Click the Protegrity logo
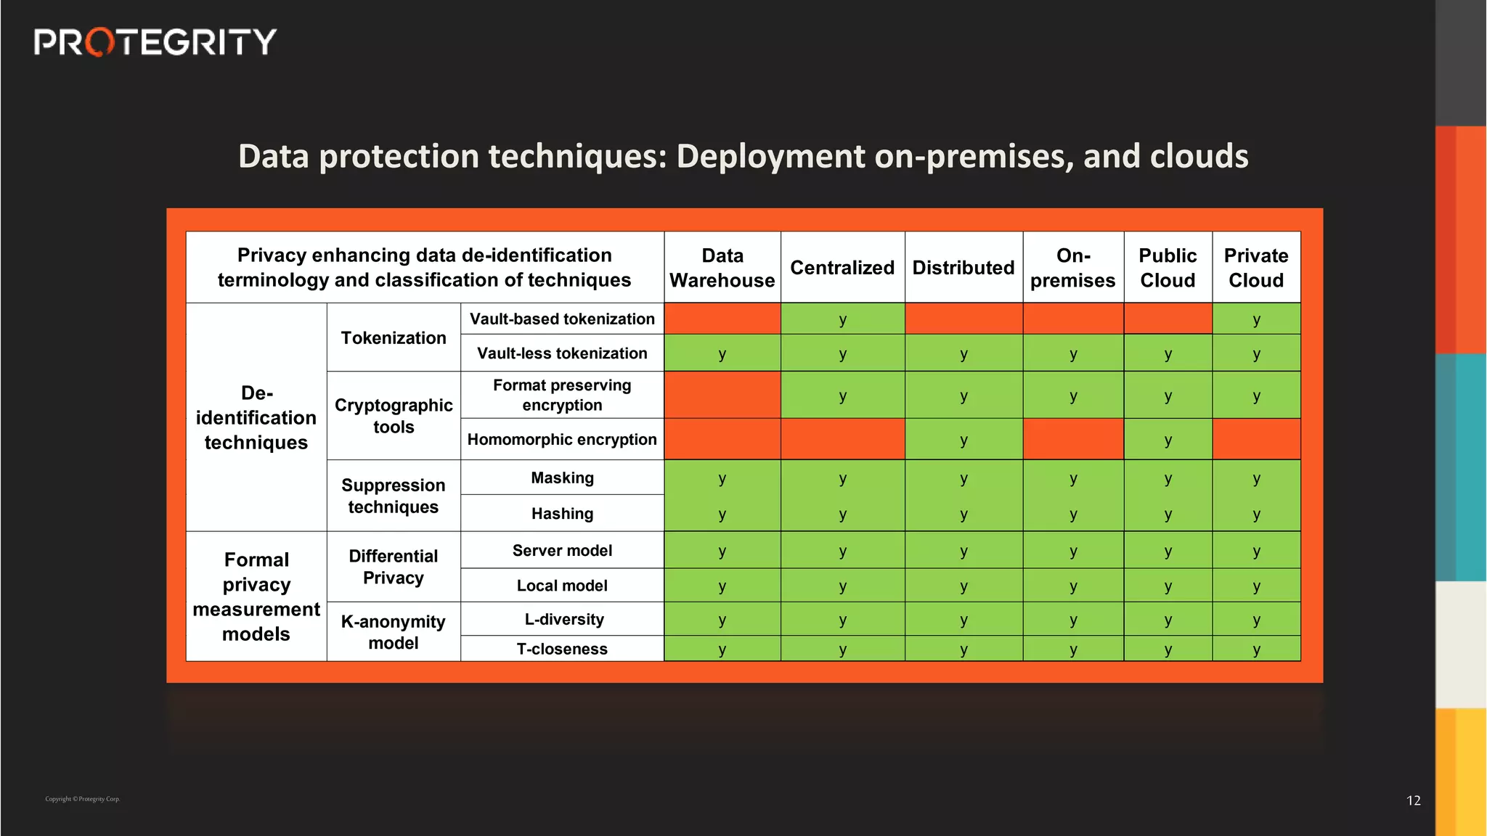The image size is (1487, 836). (x=155, y=42)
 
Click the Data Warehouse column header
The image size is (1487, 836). (x=722, y=268)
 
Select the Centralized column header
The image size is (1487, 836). (x=842, y=268)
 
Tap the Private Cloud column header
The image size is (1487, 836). (x=1255, y=268)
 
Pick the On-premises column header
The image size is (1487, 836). (x=1072, y=268)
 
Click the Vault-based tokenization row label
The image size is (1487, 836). (x=562, y=319)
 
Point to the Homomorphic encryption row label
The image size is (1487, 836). (x=562, y=440)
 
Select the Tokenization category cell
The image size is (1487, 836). (x=394, y=338)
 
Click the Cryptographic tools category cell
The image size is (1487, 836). (x=394, y=416)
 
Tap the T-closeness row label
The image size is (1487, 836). (x=562, y=649)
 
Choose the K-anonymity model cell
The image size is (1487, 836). (x=394, y=632)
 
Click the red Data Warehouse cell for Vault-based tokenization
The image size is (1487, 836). (x=722, y=319)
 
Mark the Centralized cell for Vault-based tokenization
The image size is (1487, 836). (x=842, y=319)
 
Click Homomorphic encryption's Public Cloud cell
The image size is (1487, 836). (x=1168, y=440)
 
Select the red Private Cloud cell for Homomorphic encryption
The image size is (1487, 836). (x=1255, y=440)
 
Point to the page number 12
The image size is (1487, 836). (x=1413, y=800)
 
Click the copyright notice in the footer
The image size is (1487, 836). (x=83, y=799)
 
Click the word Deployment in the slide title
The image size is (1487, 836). (x=770, y=157)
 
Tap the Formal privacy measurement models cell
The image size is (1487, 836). (x=256, y=597)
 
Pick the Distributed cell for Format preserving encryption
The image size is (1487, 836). (x=964, y=396)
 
